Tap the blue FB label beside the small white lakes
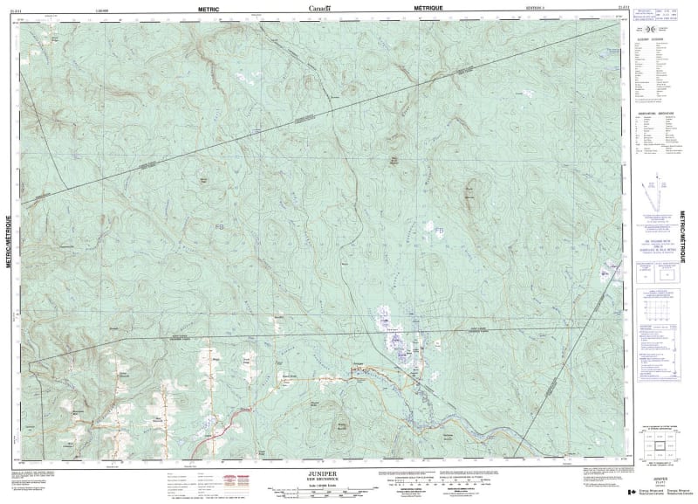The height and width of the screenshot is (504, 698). [x=440, y=230]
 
